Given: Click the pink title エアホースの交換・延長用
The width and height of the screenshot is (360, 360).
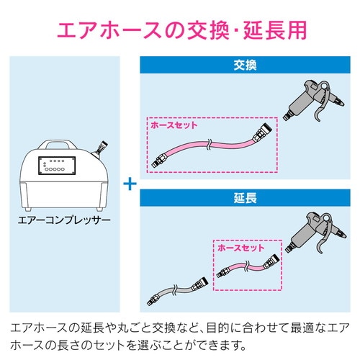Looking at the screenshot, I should (179, 30).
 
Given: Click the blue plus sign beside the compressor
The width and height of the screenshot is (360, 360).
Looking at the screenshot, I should (129, 183).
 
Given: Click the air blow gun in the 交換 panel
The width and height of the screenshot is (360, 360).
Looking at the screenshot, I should (312, 101).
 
